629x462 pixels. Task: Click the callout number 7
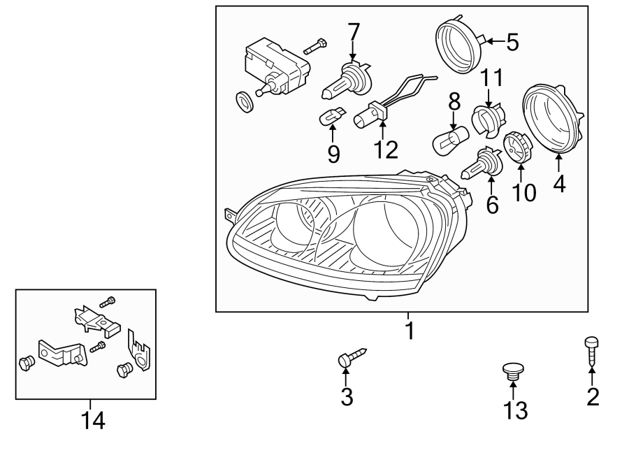[354, 31]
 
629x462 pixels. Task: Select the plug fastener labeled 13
[513, 371]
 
